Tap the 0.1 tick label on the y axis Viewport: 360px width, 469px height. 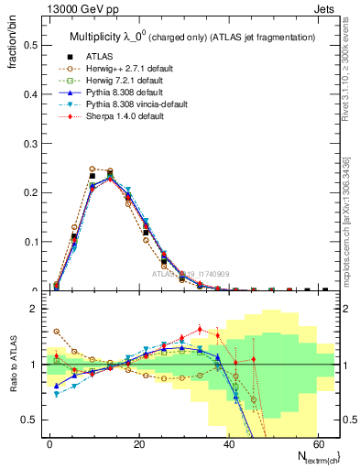point(32,242)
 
